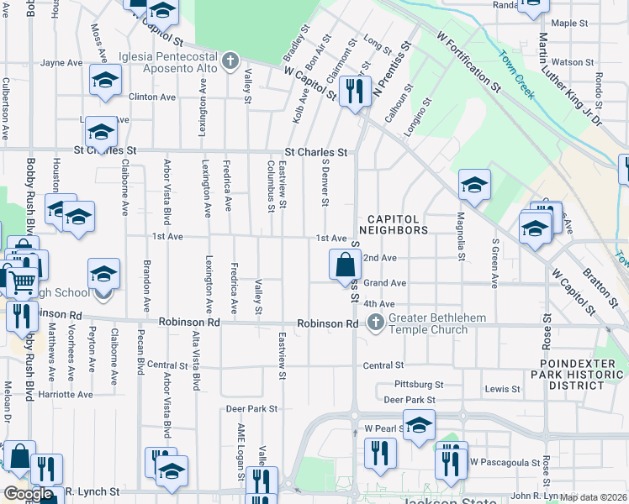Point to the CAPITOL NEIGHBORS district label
394,223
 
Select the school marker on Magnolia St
474,186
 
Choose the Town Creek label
515,75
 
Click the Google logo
28,494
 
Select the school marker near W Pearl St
419,425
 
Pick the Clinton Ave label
151,97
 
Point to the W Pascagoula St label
504,462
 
